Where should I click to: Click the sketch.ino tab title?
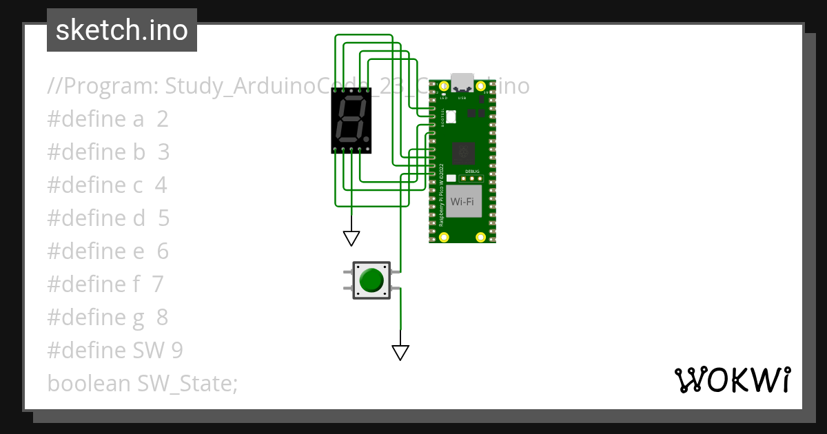coord(121,30)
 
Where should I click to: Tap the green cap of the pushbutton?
coord(371,280)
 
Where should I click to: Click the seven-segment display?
coord(351,121)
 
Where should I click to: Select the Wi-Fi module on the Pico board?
coord(462,201)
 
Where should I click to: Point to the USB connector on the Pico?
coord(462,82)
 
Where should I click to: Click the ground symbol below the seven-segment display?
coord(351,238)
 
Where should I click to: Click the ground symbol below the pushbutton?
coord(400,353)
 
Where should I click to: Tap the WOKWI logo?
coord(732,380)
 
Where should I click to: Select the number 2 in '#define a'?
coord(163,119)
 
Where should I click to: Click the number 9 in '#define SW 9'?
coord(177,351)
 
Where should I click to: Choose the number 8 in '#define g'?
coord(162,318)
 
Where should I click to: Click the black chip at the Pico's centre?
coord(462,154)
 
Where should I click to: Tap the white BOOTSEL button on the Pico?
coord(451,117)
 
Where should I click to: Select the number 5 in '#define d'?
coord(163,218)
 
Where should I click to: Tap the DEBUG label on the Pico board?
coord(471,171)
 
